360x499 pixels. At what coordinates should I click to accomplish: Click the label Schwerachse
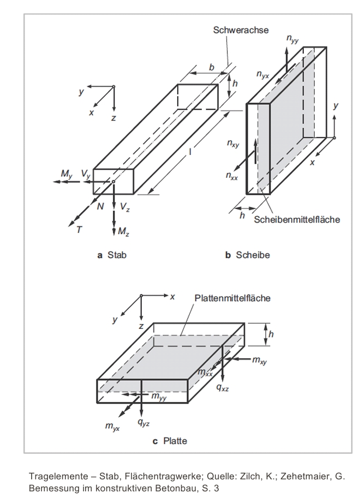click(241, 30)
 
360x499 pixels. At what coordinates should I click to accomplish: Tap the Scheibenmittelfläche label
click(297, 220)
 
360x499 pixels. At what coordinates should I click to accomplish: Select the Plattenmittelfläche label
click(232, 298)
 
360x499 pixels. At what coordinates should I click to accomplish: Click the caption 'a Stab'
click(112, 255)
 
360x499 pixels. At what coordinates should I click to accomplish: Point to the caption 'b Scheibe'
click(247, 255)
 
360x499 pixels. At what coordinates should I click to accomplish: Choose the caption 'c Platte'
click(170, 441)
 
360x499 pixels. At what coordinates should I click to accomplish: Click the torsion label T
click(79, 230)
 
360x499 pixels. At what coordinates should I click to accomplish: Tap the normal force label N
click(100, 207)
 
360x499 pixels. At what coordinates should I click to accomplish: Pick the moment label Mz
click(123, 231)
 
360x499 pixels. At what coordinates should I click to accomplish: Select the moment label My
click(67, 174)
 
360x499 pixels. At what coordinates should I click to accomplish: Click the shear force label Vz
click(124, 207)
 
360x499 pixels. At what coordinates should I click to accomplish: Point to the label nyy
click(292, 39)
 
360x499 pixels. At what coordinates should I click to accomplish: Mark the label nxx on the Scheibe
click(232, 176)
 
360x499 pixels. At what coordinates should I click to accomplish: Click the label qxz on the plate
click(223, 387)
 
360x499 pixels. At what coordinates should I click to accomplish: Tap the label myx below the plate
click(112, 426)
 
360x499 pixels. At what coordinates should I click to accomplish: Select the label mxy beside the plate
click(260, 360)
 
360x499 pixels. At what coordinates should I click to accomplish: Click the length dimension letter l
click(190, 152)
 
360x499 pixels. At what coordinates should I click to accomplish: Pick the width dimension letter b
click(212, 68)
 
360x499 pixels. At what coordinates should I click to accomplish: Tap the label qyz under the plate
click(143, 423)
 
